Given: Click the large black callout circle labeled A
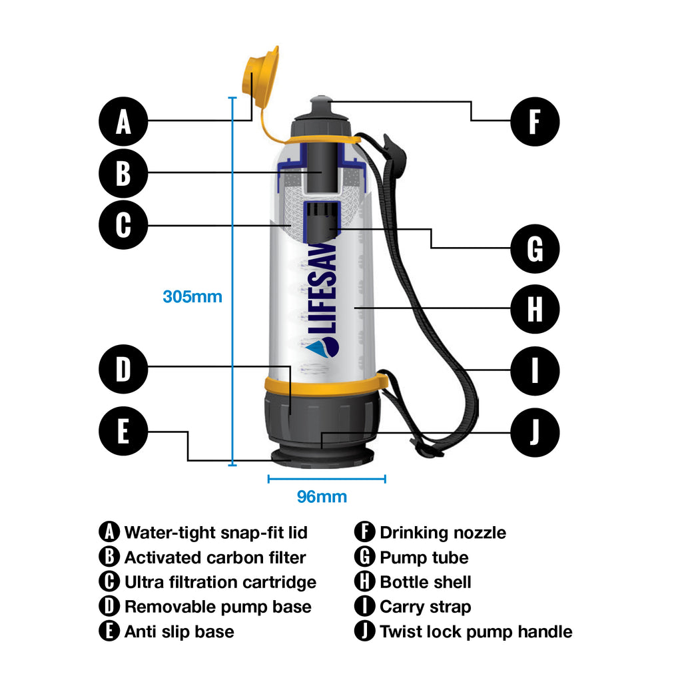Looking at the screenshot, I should [x=123, y=122].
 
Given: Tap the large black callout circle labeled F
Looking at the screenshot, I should [x=535, y=122].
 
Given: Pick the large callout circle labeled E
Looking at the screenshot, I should [x=123, y=432].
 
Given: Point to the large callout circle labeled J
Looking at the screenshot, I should [x=535, y=432].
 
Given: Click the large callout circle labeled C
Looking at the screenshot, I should [x=123, y=225].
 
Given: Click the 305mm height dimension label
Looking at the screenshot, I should [x=192, y=296].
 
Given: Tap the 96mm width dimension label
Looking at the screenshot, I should [x=322, y=497].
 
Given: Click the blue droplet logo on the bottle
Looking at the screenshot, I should [x=322, y=347].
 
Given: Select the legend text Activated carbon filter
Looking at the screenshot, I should [x=215, y=557].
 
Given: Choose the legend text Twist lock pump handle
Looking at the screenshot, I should [x=476, y=631].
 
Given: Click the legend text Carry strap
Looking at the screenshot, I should [x=425, y=607].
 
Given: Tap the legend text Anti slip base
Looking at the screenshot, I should [x=179, y=631].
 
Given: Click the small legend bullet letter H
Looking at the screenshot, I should [x=364, y=582].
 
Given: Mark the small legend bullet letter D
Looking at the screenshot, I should [x=109, y=607].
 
